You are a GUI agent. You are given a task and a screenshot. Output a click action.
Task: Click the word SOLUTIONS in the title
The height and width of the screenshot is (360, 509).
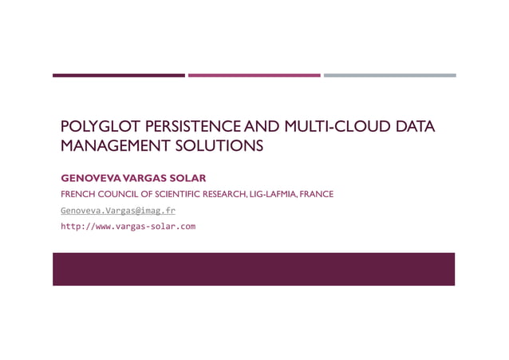(223, 146)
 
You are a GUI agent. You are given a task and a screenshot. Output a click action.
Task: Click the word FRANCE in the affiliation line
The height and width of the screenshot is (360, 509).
(317, 194)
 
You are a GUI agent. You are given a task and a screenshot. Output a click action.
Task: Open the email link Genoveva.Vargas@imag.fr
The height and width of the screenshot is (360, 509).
(118, 211)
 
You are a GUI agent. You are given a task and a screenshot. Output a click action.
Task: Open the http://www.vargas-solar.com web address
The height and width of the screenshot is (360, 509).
(128, 227)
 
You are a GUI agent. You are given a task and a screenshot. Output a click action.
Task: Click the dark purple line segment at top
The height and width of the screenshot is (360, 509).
(118, 76)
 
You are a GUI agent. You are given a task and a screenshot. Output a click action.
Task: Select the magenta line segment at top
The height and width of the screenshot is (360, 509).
(254, 76)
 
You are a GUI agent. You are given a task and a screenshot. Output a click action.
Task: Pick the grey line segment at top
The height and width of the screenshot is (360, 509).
(389, 76)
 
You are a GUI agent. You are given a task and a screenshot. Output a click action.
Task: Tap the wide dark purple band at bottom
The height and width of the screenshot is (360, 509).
(254, 269)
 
